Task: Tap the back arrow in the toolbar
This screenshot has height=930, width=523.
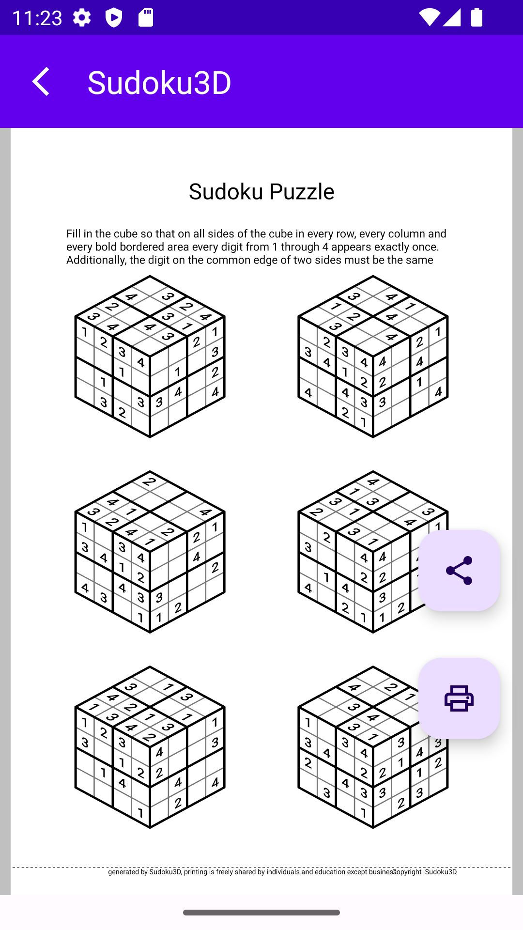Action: click(41, 81)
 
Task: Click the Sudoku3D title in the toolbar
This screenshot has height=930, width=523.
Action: click(159, 82)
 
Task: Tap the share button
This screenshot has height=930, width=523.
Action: click(459, 570)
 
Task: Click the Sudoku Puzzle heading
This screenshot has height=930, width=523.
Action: click(261, 191)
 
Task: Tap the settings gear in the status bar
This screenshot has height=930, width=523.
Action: click(82, 18)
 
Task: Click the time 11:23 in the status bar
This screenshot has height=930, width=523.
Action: click(37, 18)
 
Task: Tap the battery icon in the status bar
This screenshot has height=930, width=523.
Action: click(477, 17)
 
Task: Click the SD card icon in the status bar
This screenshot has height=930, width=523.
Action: click(146, 17)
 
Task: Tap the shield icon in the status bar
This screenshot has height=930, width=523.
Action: click(114, 18)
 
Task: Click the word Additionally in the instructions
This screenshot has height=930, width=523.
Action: click(95, 260)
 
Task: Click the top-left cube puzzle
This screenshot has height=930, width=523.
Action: click(150, 356)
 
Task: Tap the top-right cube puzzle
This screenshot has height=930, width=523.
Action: click(372, 356)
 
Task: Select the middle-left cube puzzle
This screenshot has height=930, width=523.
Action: click(150, 552)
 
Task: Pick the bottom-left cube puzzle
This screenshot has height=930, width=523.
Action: click(150, 747)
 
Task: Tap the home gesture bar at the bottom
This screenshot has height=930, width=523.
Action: click(261, 913)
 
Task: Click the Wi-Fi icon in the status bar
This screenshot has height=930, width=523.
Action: click(429, 17)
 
